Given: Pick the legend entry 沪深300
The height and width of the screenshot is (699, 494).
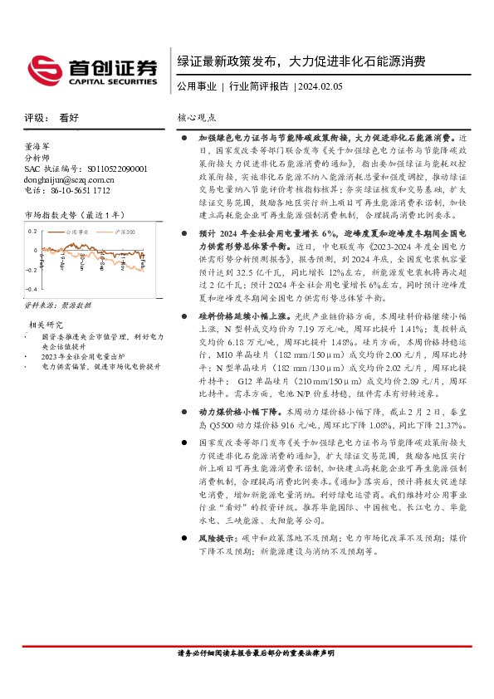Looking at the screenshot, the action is (125, 232).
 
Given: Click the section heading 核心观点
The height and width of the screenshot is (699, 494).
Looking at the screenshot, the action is (197, 118).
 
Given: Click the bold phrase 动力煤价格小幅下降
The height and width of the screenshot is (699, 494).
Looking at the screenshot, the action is (239, 411).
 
